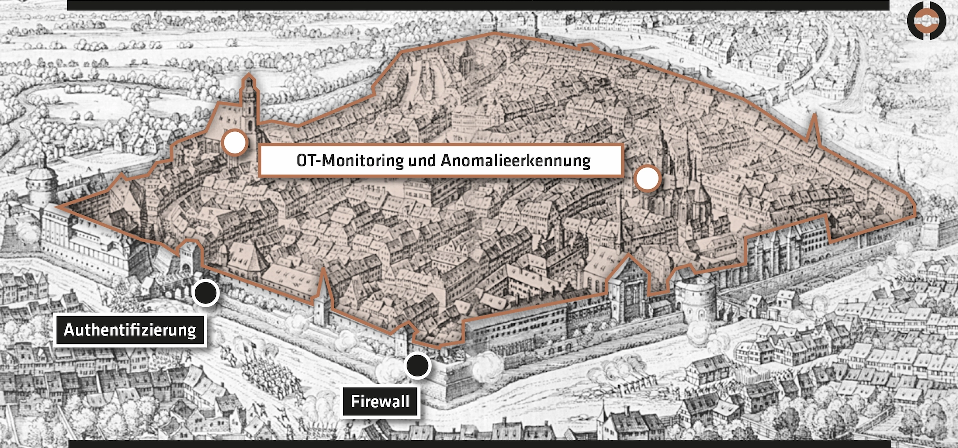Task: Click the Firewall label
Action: pos(380,401)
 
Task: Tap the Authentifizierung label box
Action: pos(130,330)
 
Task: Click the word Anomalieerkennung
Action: pos(515,161)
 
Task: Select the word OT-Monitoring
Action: pos(350,161)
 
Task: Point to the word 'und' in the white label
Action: pos(422,161)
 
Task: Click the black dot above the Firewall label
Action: pos(417,366)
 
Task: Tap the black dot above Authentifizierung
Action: pos(205,293)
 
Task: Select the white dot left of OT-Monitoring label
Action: pos(235,143)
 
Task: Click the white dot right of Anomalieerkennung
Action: pos(647,179)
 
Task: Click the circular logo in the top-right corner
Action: pos(926,21)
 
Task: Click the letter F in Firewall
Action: pos(355,401)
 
